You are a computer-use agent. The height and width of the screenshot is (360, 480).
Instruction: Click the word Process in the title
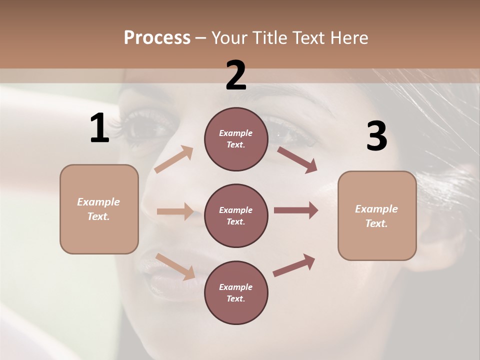click(x=157, y=38)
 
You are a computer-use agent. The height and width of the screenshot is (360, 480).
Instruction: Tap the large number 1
click(x=99, y=128)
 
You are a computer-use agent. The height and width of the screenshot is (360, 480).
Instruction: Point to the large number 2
click(x=236, y=75)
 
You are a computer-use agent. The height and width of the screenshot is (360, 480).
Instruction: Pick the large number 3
click(x=376, y=136)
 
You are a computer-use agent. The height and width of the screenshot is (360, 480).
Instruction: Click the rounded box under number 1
click(x=99, y=209)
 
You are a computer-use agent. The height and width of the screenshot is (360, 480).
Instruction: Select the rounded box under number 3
click(x=377, y=215)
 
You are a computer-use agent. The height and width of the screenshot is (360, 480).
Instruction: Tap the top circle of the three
click(x=236, y=139)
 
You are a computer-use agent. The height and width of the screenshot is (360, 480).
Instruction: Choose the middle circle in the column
click(x=236, y=215)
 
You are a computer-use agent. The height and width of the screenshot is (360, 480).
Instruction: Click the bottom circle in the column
click(x=236, y=292)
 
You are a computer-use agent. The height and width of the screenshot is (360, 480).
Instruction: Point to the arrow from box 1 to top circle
click(x=174, y=159)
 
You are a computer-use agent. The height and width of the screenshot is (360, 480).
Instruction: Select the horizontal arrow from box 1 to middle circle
click(x=175, y=211)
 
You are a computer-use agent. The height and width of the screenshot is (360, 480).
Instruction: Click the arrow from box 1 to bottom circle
click(x=175, y=266)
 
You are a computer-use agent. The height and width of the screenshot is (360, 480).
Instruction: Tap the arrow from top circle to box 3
click(x=297, y=159)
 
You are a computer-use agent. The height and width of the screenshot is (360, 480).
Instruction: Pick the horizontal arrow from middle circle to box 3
click(x=296, y=210)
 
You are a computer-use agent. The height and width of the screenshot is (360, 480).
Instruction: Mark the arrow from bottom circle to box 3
click(x=294, y=265)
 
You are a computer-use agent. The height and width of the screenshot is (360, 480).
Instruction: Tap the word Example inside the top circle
click(x=236, y=133)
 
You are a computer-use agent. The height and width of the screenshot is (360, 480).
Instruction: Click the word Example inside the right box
click(x=376, y=209)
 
